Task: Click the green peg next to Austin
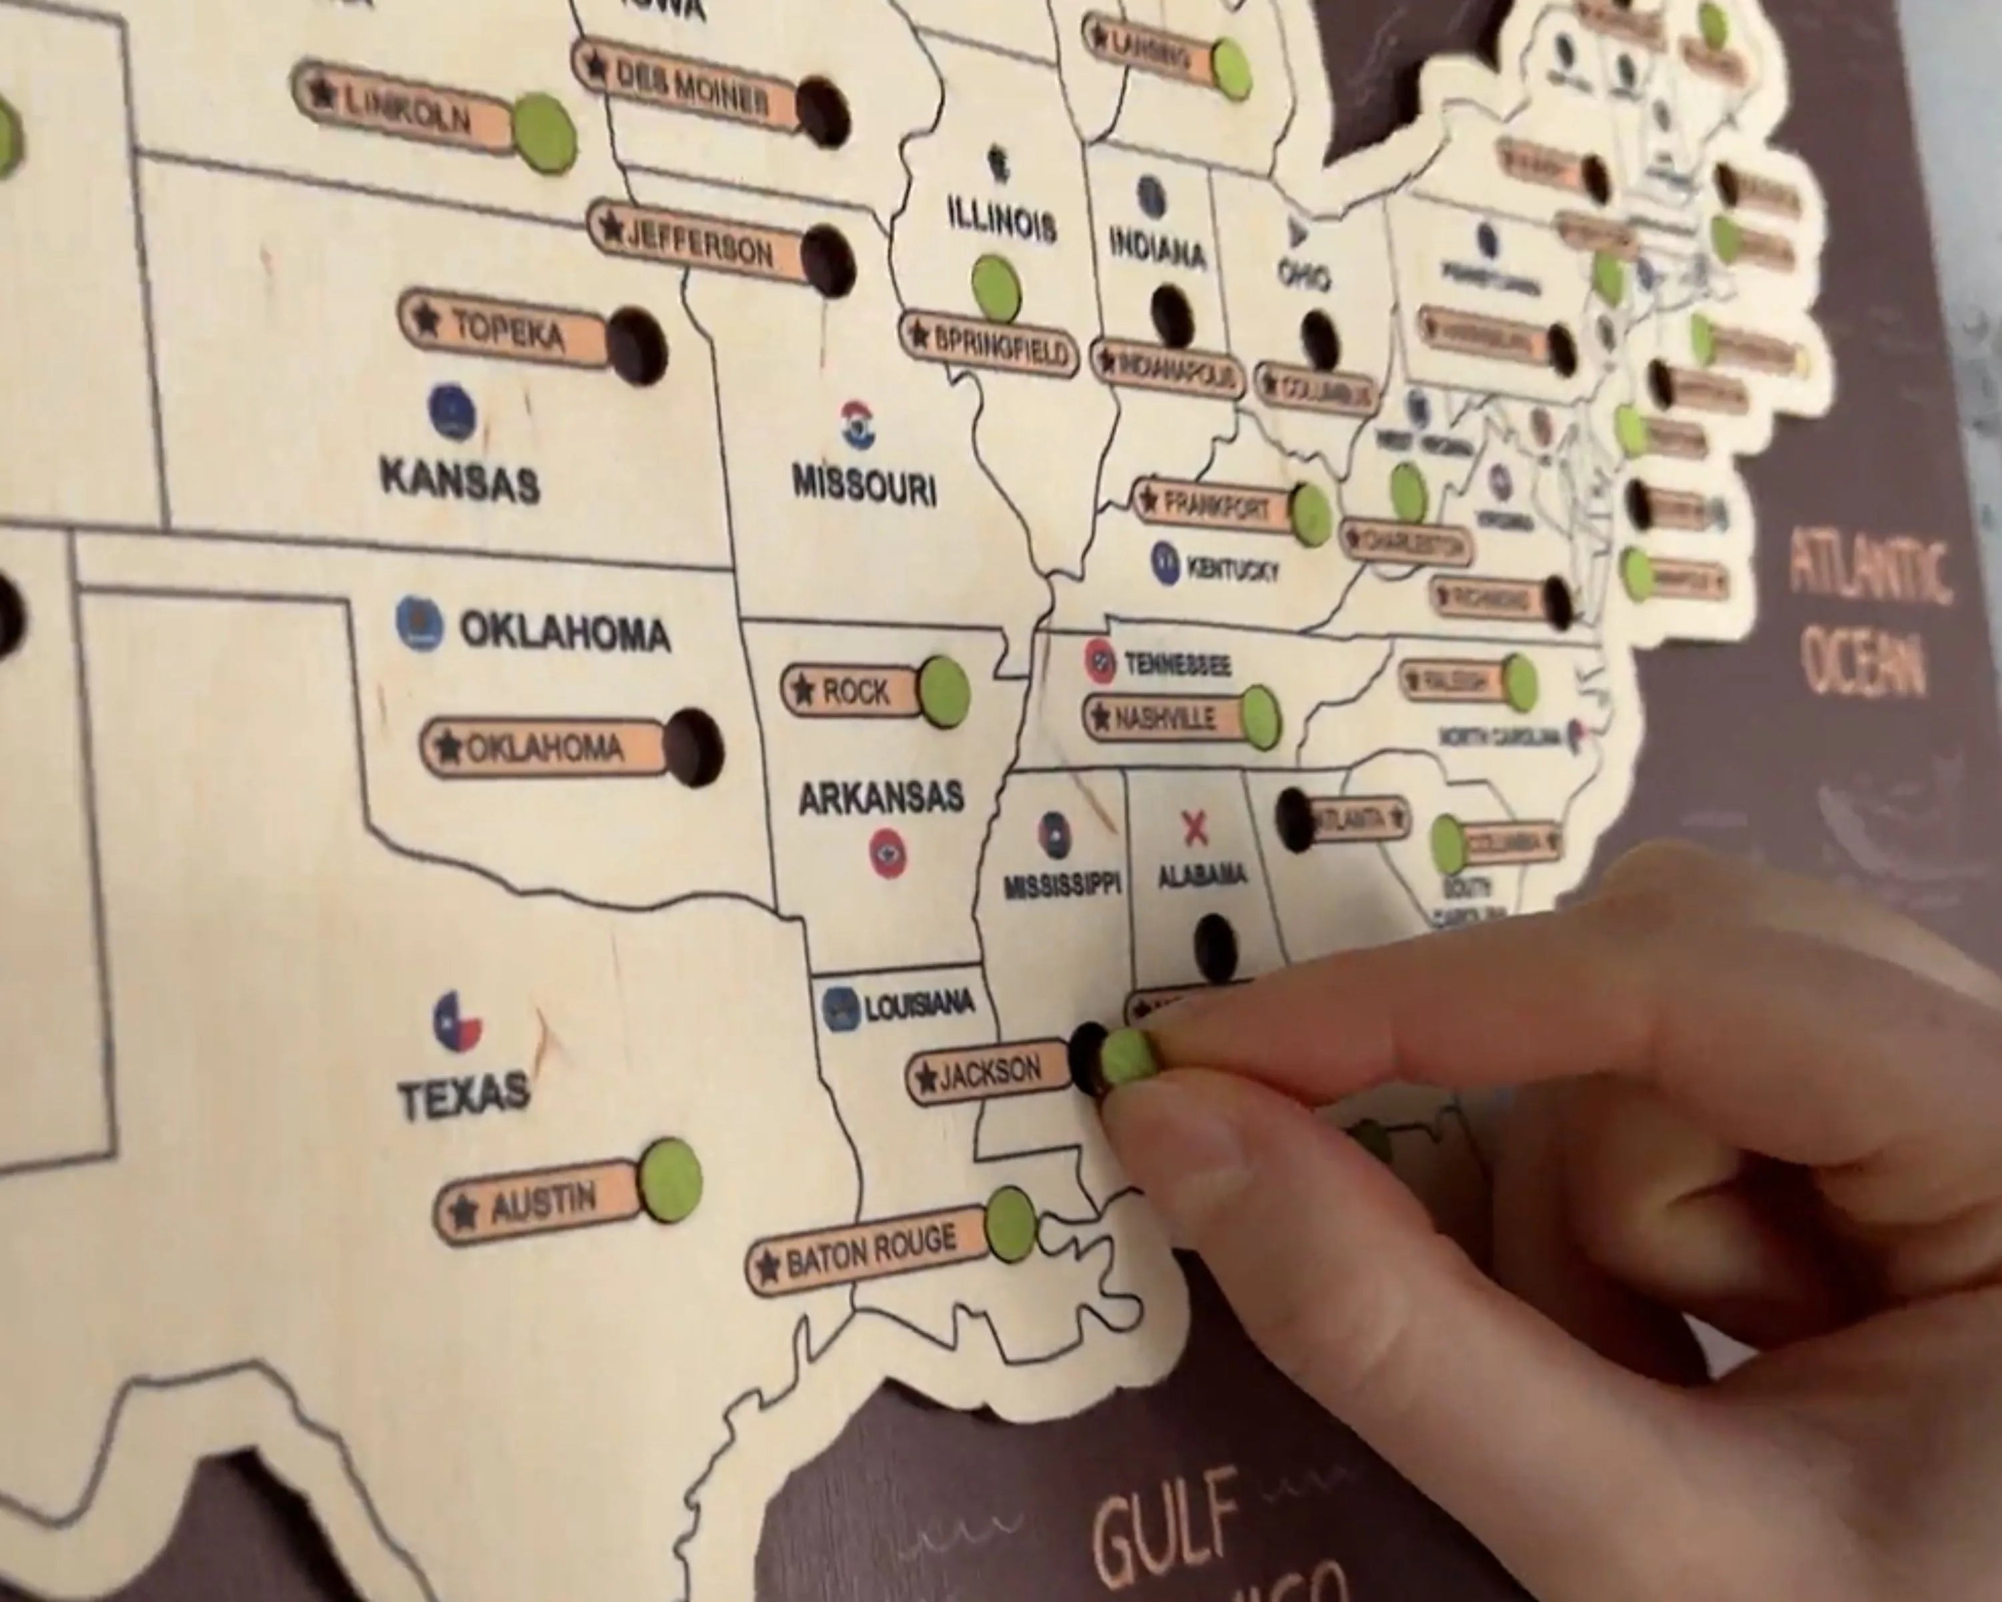coord(669,1179)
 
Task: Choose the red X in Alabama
coord(1195,828)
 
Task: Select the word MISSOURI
coord(864,486)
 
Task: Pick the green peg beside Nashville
coord(1259,717)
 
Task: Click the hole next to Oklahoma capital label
coord(693,748)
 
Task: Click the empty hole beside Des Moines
coord(823,111)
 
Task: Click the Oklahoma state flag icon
coord(419,622)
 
